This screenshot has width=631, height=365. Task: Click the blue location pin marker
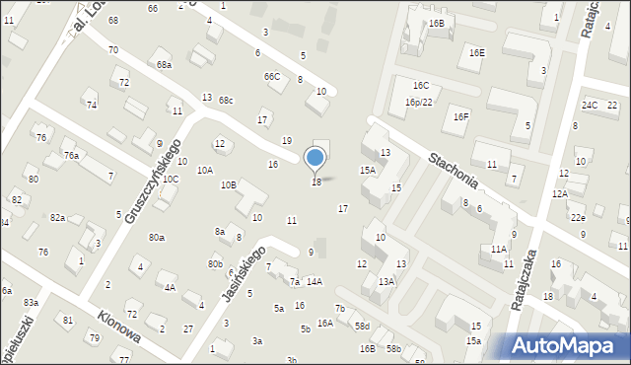coord(315,158)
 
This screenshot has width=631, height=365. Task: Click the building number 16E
coord(476,53)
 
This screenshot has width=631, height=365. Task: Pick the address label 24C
coord(590,105)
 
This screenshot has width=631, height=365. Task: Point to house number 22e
coord(578,218)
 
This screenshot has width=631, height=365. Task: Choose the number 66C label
coord(271,76)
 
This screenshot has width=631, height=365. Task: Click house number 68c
coord(226,101)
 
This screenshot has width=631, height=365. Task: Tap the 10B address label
coord(228,184)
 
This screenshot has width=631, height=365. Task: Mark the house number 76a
coord(71,156)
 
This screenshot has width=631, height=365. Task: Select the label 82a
coord(58,218)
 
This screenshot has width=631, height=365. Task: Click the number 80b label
coord(214,263)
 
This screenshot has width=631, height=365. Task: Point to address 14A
coord(314,282)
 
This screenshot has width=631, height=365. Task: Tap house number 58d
coord(362,326)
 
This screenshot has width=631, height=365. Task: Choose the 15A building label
coord(367,171)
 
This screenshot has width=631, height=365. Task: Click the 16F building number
coord(460,117)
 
